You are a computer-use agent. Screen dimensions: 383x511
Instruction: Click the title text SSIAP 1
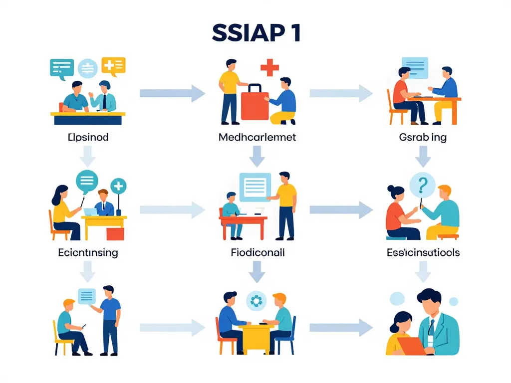pyautogui.click(x=255, y=33)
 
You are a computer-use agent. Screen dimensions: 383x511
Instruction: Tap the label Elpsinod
pyautogui.click(x=87, y=137)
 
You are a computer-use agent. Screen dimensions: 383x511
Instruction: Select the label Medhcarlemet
pyautogui.click(x=257, y=137)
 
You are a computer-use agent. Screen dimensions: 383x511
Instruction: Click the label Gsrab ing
pyautogui.click(x=423, y=137)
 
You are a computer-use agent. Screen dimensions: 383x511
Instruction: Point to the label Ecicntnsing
pyautogui.click(x=87, y=252)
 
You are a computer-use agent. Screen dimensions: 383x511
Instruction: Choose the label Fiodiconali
pyautogui.click(x=257, y=252)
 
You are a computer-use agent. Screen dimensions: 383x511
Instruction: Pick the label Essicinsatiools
pyautogui.click(x=423, y=252)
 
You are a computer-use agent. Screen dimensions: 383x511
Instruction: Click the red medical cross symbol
pyautogui.click(x=269, y=67)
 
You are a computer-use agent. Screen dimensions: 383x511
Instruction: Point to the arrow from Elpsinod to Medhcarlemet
pyautogui.click(x=172, y=93)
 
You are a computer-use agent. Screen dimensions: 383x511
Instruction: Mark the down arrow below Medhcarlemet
pyautogui.click(x=257, y=156)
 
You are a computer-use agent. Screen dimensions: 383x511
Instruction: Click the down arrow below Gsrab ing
pyautogui.click(x=423, y=156)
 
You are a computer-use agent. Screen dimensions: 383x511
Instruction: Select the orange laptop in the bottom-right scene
pyautogui.click(x=411, y=346)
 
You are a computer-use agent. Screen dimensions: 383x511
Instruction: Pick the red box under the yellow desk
pyautogui.click(x=115, y=234)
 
